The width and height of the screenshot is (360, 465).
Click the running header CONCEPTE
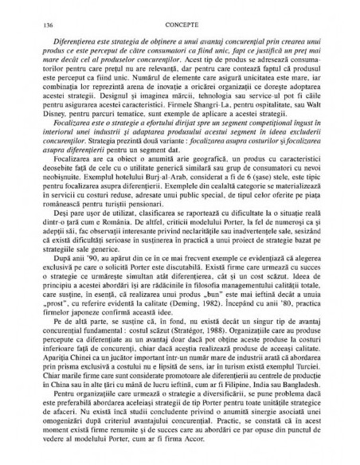pyautogui.click(x=179, y=26)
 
